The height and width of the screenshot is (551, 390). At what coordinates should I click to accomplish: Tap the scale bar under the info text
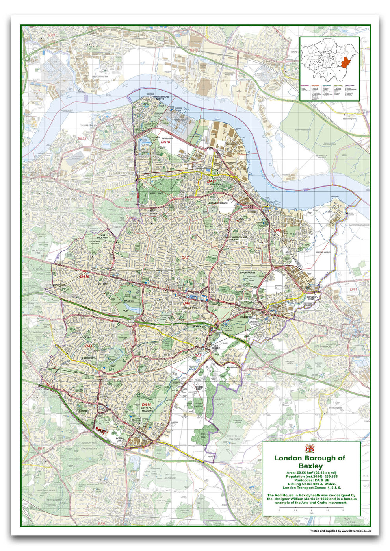point(311,508)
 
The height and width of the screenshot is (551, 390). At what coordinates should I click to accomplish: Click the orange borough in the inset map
point(346,62)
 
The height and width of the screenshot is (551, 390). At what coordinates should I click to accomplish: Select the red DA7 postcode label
point(185,257)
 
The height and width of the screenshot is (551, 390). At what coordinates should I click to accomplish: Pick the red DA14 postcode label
point(146,405)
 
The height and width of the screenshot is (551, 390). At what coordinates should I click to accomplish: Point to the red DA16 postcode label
point(85,277)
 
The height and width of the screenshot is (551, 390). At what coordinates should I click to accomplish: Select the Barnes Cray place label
point(311,298)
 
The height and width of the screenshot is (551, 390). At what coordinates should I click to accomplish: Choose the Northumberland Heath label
point(237,238)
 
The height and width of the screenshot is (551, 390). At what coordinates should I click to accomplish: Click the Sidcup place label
point(83,411)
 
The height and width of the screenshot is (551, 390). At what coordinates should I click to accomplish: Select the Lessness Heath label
point(218,203)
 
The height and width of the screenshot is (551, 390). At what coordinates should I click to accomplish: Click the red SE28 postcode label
point(82,139)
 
